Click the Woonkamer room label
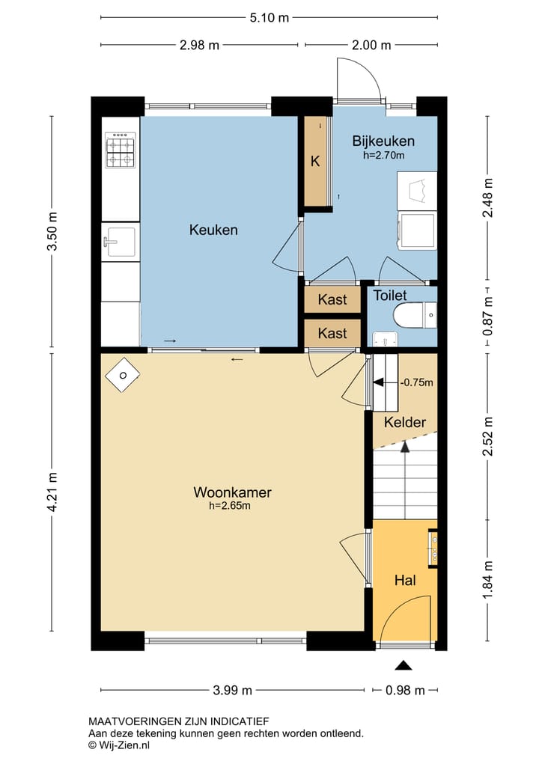point(232,492)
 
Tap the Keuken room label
point(213,230)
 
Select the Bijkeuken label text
point(383,141)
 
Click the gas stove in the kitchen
point(121,150)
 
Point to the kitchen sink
point(121,241)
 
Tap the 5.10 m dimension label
point(269,18)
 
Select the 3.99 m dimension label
point(233,690)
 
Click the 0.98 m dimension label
point(405,690)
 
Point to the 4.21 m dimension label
point(52,492)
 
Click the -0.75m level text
point(417,382)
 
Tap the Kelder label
point(405,422)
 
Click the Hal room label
point(406,580)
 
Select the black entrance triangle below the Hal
point(403,665)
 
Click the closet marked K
point(316,161)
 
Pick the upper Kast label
point(332,299)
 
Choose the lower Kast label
point(332,334)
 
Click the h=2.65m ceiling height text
point(230,506)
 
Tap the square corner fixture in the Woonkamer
point(123,375)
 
